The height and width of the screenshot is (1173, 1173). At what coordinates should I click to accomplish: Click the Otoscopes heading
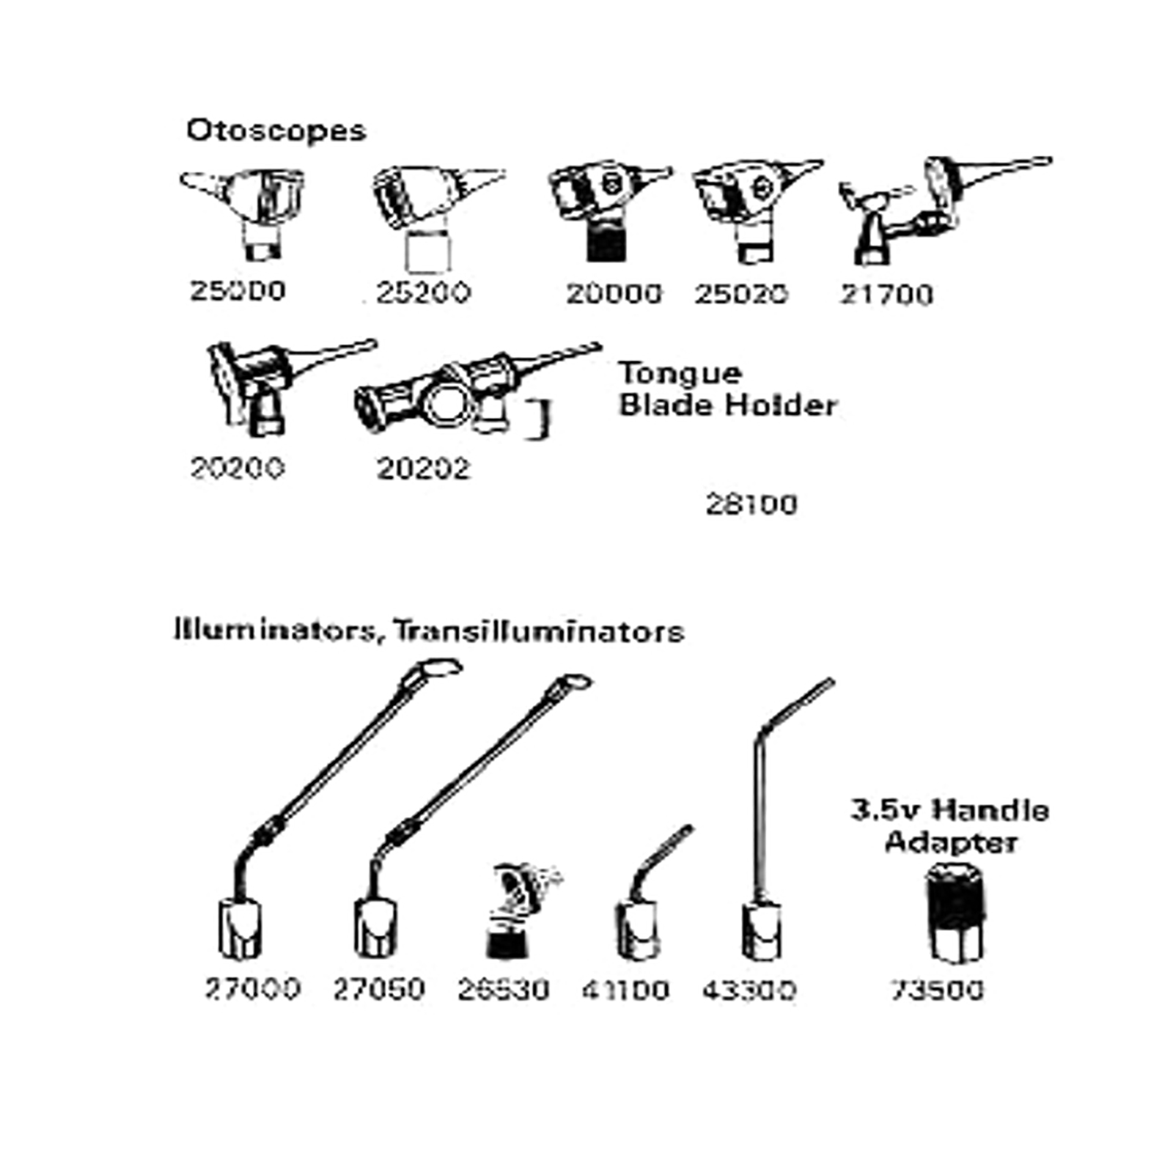click(x=276, y=130)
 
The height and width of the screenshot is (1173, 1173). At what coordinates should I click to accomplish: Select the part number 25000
click(x=237, y=291)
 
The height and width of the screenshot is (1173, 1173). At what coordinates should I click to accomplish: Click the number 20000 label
click(x=614, y=294)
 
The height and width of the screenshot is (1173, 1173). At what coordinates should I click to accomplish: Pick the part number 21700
click(x=886, y=295)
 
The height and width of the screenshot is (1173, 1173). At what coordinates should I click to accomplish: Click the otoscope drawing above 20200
click(x=271, y=385)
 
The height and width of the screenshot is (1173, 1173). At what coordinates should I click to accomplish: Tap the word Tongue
click(x=680, y=373)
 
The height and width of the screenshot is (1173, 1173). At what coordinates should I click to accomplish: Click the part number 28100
click(x=751, y=504)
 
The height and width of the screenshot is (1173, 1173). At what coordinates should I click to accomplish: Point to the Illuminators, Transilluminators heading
click(x=429, y=631)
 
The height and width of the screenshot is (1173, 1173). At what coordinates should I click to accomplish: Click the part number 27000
click(x=252, y=989)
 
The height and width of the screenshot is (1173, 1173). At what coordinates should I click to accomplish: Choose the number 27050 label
click(x=378, y=989)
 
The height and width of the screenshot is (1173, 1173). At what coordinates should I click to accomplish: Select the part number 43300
click(x=749, y=990)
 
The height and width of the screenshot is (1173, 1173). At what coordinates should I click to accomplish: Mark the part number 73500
click(x=937, y=990)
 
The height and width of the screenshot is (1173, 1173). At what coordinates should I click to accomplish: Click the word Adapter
click(x=950, y=842)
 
